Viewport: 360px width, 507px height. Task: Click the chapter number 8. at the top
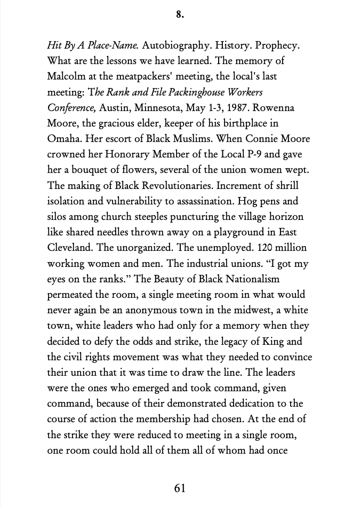coord(180,15)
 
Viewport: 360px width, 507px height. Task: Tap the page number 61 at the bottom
coord(180,487)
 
